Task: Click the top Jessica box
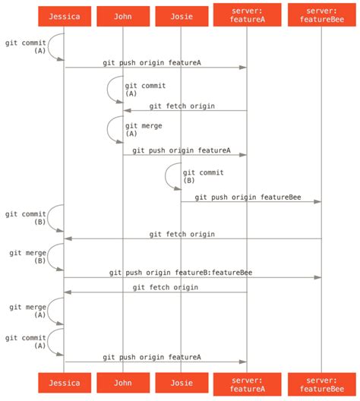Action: (x=64, y=16)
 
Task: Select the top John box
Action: (x=123, y=16)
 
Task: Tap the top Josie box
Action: (x=181, y=16)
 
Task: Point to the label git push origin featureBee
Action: (x=248, y=197)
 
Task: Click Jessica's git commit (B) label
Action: (x=25, y=219)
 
